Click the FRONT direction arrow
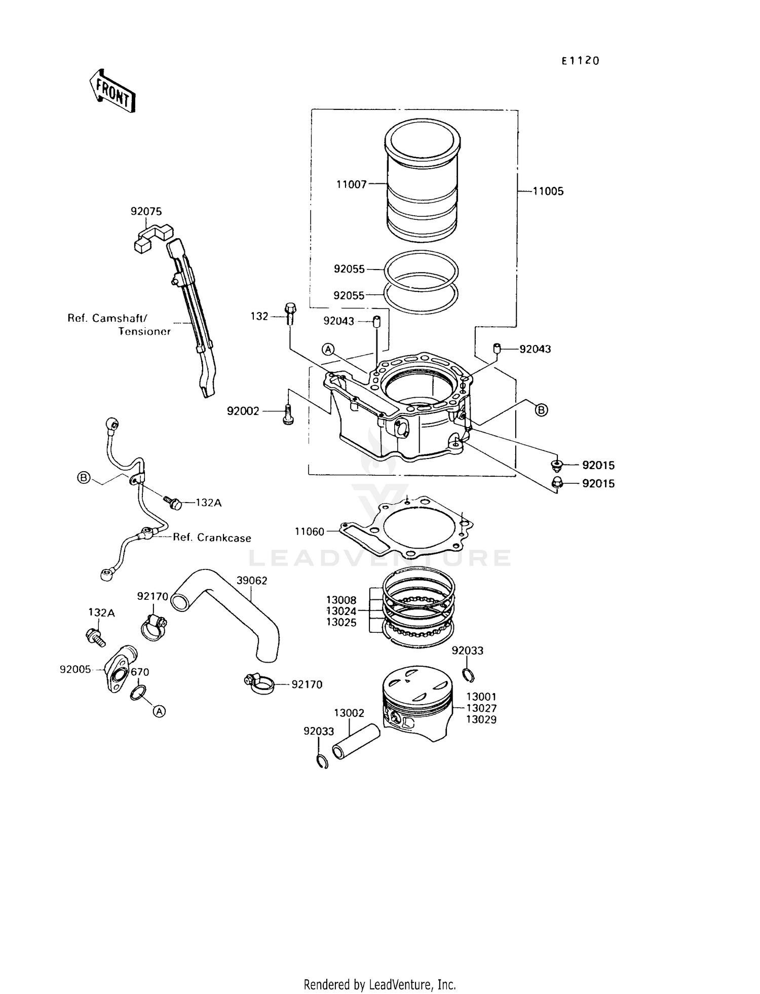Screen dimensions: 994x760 click(x=112, y=91)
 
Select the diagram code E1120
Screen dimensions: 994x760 click(x=580, y=61)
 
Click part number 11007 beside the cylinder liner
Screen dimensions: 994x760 click(x=351, y=184)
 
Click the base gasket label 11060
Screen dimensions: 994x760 click(x=309, y=531)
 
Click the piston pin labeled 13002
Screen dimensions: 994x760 click(x=356, y=741)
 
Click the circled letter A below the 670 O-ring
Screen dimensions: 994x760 click(x=159, y=711)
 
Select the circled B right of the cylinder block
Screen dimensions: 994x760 click(x=541, y=410)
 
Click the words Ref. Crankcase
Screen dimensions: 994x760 click(x=212, y=538)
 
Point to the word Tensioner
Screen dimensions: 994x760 click(x=144, y=331)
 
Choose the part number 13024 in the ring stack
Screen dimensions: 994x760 click(x=341, y=611)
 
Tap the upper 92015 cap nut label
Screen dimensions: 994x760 click(x=598, y=465)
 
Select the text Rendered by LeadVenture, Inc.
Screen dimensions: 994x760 click(x=379, y=984)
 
